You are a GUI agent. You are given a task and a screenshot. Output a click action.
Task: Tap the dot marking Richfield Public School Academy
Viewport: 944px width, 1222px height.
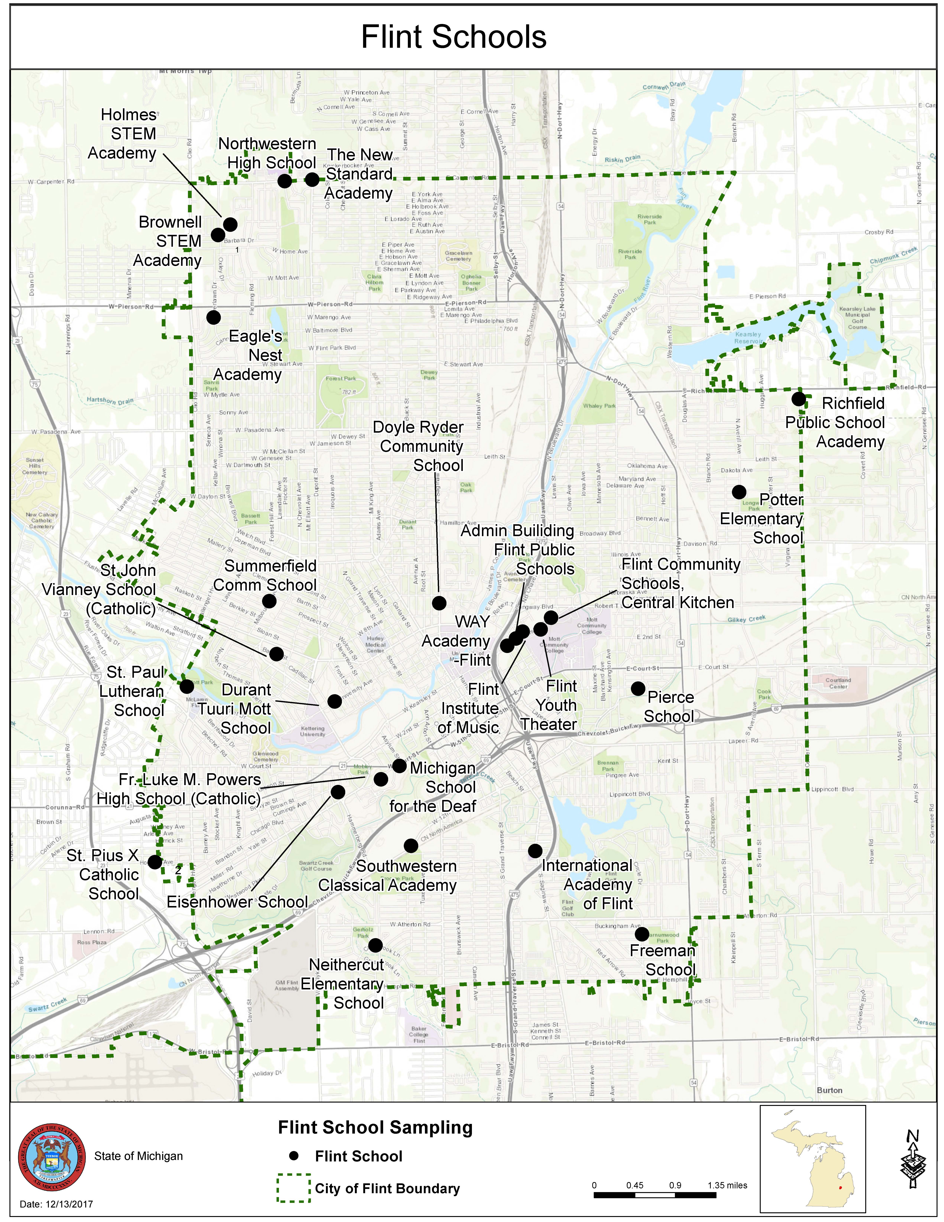[x=799, y=399]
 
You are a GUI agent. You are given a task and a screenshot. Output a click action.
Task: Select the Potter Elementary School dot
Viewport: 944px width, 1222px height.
[x=739, y=492]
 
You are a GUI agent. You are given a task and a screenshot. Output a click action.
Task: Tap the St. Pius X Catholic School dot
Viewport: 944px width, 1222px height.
[x=155, y=862]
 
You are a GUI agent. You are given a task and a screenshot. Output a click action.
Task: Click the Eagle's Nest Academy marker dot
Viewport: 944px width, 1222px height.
[x=213, y=317]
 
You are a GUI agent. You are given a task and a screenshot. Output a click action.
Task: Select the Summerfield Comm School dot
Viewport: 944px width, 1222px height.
[x=269, y=601]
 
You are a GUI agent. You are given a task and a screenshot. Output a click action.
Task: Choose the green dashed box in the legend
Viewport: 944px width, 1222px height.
[x=294, y=1188]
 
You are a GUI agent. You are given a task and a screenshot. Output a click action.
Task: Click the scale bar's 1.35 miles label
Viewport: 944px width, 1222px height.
[x=727, y=1185]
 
